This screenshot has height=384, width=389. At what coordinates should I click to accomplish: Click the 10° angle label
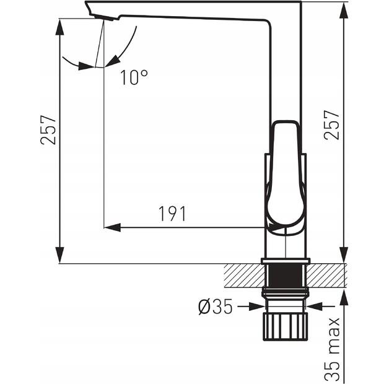[134, 77]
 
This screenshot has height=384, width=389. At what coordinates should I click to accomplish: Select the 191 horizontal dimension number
[172, 214]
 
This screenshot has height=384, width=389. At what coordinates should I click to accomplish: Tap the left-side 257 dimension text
[48, 129]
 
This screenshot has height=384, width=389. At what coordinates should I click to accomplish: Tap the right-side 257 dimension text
[331, 125]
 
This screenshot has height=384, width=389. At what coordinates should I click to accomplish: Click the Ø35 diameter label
[216, 307]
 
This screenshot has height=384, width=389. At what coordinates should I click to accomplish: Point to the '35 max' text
[333, 349]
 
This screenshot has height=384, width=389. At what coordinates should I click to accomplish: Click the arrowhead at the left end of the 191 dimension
[112, 227]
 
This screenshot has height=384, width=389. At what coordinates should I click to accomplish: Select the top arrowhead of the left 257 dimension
[60, 27]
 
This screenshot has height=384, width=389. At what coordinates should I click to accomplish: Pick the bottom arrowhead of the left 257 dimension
[60, 255]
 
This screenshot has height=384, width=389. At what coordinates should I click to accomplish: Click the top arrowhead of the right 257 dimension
[344, 11]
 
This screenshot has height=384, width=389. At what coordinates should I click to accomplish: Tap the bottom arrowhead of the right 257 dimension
[344, 255]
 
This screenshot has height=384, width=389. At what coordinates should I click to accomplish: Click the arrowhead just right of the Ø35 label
[257, 307]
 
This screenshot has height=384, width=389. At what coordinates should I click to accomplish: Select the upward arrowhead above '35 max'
[344, 298]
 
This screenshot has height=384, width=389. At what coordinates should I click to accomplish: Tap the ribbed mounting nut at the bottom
[286, 326]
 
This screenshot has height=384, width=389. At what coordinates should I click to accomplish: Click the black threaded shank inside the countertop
[286, 276]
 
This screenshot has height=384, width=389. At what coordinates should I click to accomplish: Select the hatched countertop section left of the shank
[245, 276]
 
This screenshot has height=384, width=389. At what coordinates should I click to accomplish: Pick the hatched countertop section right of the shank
[326, 276]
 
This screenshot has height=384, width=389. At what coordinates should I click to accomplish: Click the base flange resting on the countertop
[286, 261]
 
